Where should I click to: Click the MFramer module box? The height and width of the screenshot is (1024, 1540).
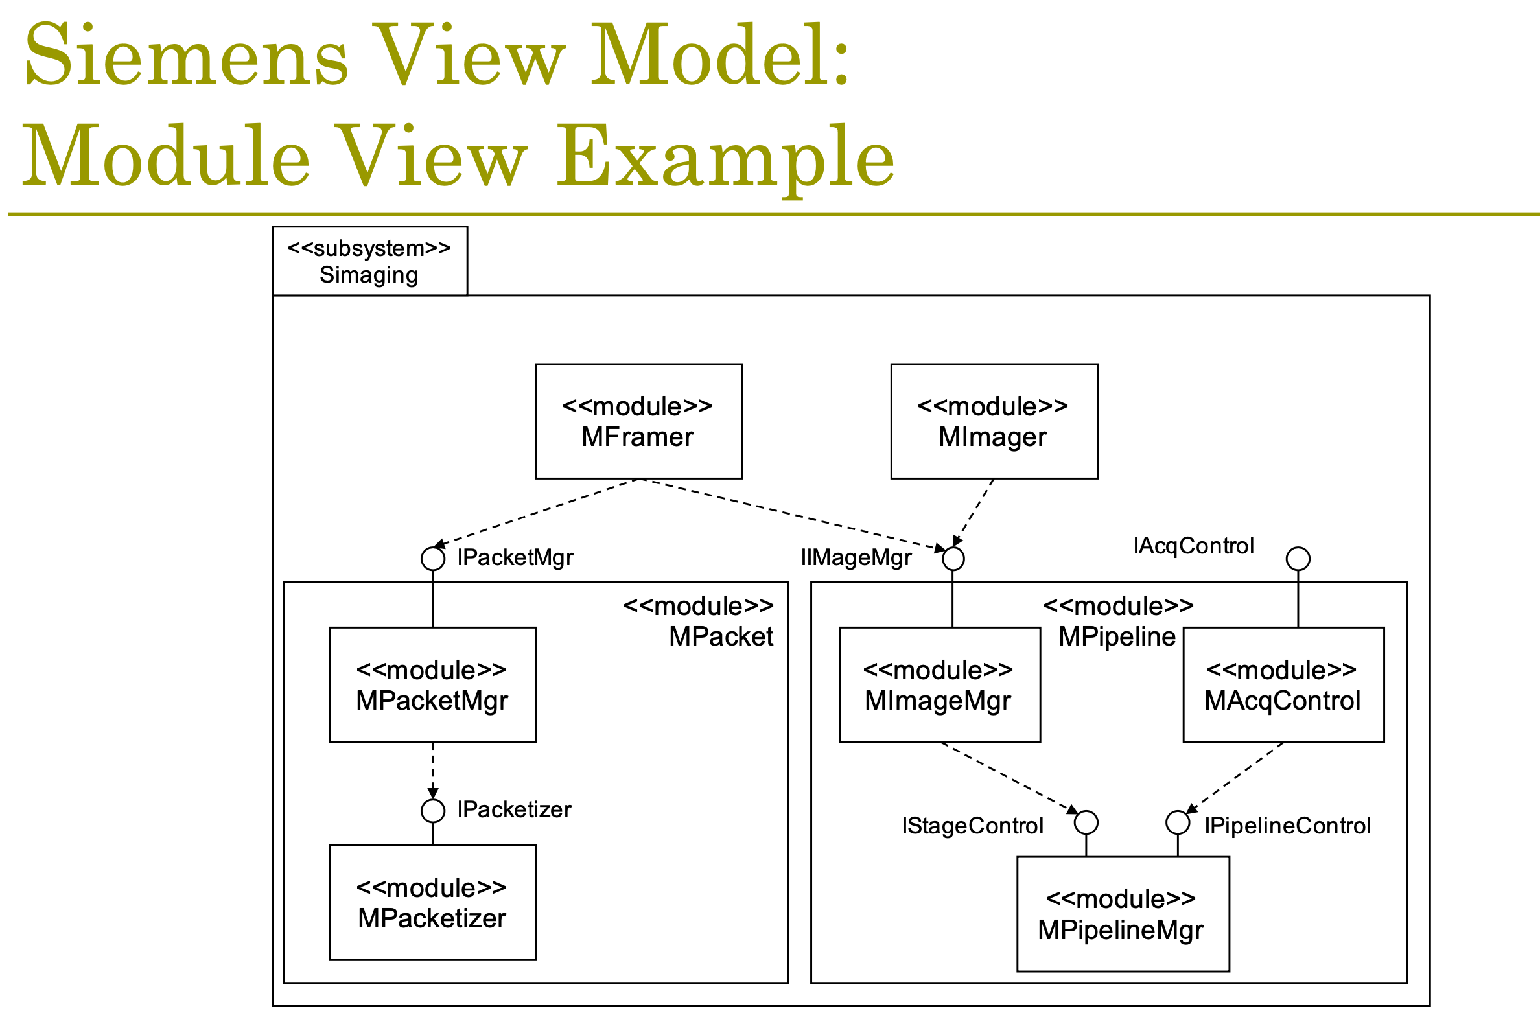(638, 421)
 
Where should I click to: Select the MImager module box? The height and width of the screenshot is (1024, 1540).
(994, 421)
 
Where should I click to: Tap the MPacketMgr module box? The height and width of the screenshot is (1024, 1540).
(432, 685)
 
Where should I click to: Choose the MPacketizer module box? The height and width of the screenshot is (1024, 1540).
(432, 903)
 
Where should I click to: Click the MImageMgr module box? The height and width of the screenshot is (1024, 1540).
(939, 685)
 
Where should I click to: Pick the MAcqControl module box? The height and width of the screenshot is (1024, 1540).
(1283, 685)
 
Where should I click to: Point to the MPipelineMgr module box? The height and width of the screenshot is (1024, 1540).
(1123, 914)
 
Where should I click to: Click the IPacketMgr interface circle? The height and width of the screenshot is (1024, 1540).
(433, 559)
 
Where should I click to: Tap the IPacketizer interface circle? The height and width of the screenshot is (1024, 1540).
(433, 810)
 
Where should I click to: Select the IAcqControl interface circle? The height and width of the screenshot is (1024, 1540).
(1298, 559)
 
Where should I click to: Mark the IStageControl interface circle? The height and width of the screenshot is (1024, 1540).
(1086, 822)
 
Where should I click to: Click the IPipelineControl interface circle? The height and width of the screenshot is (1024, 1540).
(1178, 822)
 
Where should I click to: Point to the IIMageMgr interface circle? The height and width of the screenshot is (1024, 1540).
(953, 559)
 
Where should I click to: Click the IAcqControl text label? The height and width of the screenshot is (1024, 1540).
(1193, 546)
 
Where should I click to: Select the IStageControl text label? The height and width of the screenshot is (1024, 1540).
(972, 826)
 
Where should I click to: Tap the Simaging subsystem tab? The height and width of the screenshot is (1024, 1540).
(369, 261)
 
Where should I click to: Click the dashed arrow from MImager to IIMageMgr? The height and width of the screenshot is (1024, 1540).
(973, 513)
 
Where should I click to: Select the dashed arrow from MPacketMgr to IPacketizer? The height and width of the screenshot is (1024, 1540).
(433, 771)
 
